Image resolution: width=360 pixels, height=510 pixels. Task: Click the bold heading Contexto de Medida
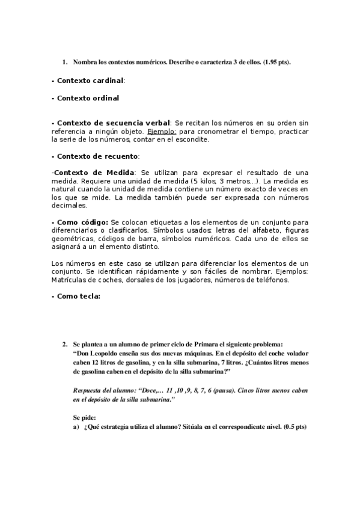(94, 173)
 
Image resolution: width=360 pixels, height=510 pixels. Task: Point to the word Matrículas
(71, 280)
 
